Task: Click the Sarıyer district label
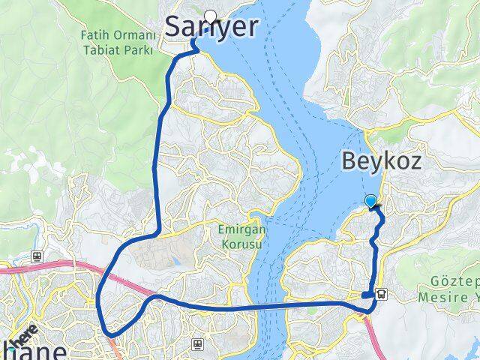click(x=211, y=27)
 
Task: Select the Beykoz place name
click(x=391, y=160)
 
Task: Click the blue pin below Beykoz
click(x=370, y=200)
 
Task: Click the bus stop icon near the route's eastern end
click(x=382, y=295)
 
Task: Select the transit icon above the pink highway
click(x=35, y=255)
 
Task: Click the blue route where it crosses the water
click(x=270, y=307)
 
